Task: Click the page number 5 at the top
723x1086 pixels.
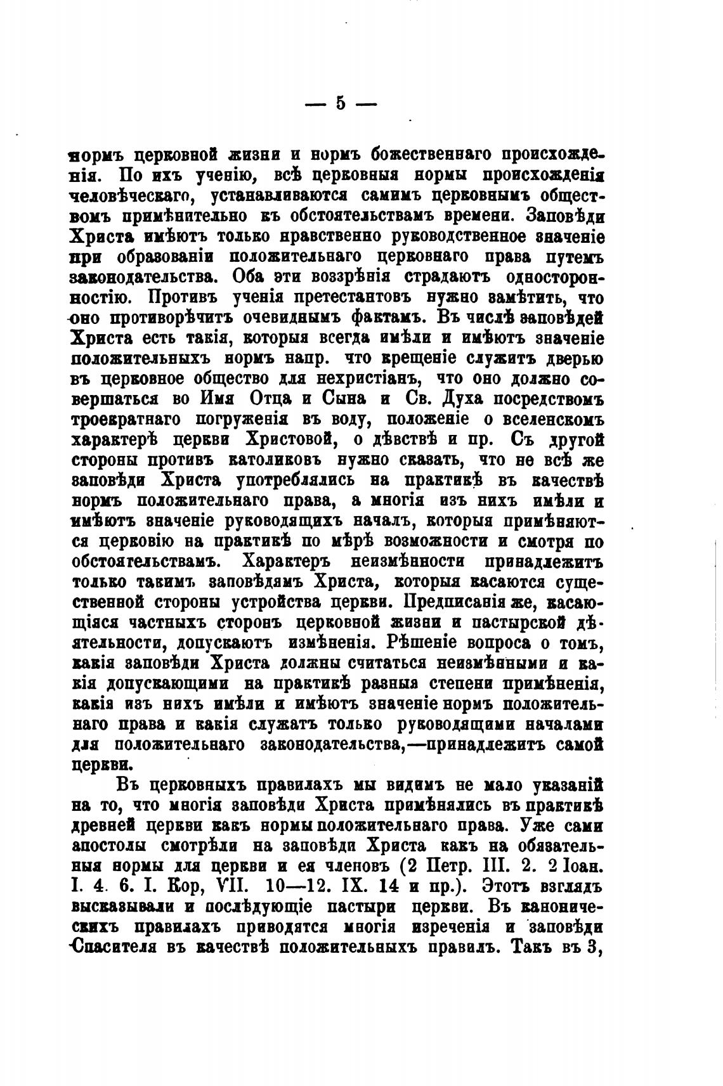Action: coord(341,103)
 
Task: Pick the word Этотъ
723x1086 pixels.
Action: coord(504,886)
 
